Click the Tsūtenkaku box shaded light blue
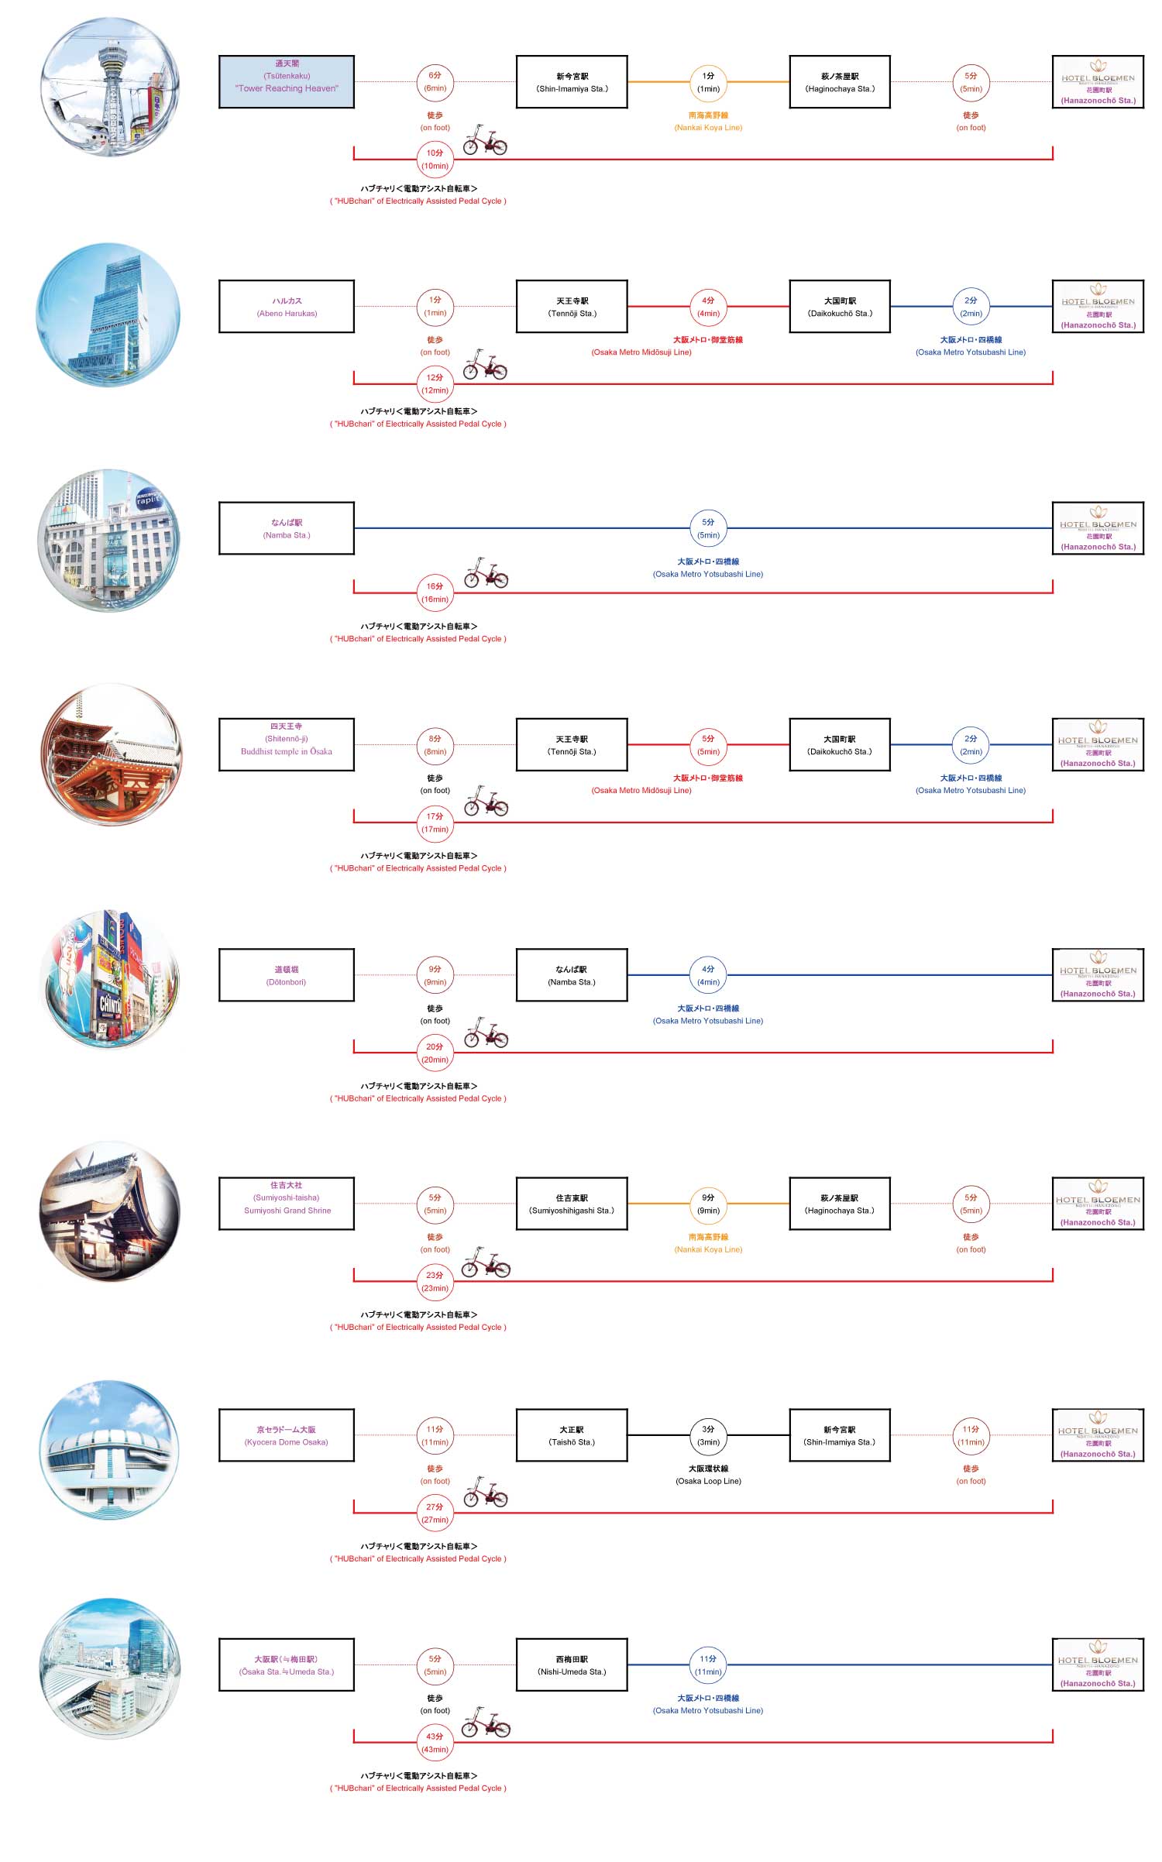(x=287, y=81)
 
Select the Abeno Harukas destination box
(x=287, y=307)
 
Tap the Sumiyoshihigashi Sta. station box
(x=572, y=1204)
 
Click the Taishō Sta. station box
(x=572, y=1435)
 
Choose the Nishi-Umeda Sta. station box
(x=572, y=1664)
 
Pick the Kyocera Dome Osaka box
(x=287, y=1435)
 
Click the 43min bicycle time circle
(x=435, y=1743)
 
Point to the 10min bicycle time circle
(x=435, y=160)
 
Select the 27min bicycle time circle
(x=435, y=1513)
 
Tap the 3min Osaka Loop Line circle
(x=708, y=1435)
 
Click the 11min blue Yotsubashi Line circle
(x=708, y=1664)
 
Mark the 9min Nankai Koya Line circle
(x=708, y=1204)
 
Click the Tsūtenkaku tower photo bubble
(x=109, y=87)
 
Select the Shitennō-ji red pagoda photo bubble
(x=111, y=754)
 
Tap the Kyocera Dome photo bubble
(x=109, y=1448)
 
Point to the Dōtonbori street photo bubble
(x=109, y=980)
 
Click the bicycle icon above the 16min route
(x=486, y=573)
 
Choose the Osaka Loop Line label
(x=708, y=1475)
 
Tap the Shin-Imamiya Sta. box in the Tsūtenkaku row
(x=572, y=81)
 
